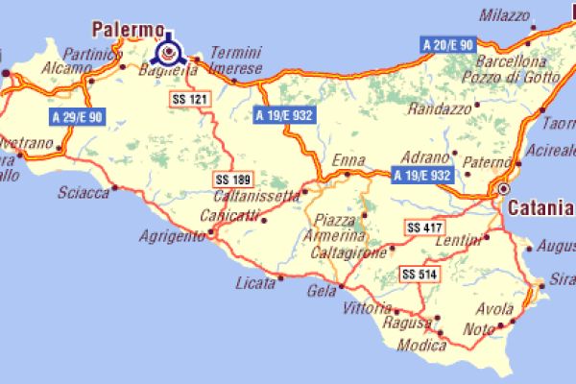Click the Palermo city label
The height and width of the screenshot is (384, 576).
[125, 29]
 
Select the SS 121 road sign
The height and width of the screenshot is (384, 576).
[188, 99]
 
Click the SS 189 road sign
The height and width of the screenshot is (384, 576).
[231, 179]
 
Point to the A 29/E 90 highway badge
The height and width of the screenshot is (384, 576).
[75, 116]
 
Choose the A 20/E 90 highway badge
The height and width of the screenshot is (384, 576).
[448, 44]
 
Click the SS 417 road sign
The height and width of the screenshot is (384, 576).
[423, 228]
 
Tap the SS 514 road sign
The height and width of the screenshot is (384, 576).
[419, 274]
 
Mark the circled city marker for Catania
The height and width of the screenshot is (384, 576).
[503, 190]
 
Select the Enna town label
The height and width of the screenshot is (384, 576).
[348, 160]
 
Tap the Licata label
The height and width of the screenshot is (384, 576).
[254, 283]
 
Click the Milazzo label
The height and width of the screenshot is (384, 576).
[504, 16]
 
